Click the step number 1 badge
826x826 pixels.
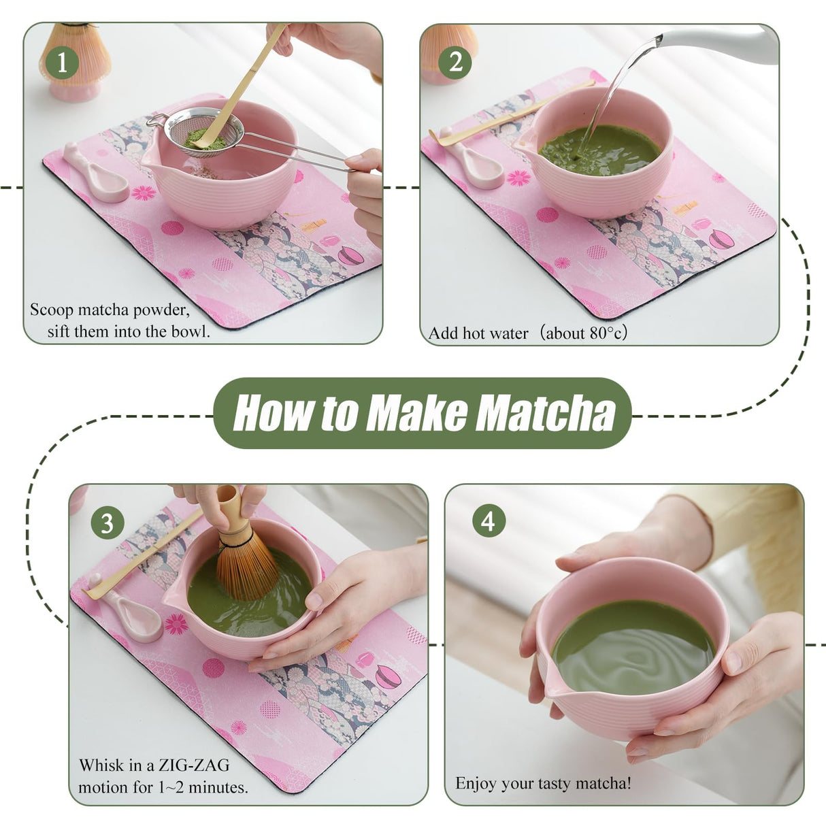click(62, 63)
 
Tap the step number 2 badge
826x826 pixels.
click(455, 63)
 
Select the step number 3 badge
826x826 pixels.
click(107, 523)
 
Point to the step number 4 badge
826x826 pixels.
click(488, 521)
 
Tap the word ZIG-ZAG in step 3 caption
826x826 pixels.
click(194, 765)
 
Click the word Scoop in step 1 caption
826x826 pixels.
click(52, 310)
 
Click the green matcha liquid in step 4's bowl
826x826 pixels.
click(633, 646)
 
